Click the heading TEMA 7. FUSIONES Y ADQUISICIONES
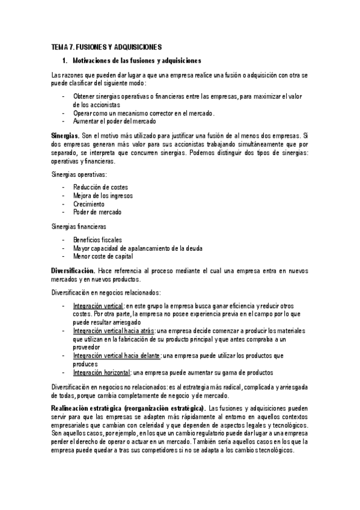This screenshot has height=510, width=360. click(x=106, y=46)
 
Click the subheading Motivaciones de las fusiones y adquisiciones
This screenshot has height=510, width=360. click(x=136, y=61)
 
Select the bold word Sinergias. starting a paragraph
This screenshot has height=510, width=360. click(x=65, y=137)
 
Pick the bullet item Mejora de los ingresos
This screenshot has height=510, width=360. click(x=103, y=195)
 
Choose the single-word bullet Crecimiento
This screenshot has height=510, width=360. click(x=89, y=204)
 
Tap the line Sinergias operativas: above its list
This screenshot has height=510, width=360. click(x=79, y=174)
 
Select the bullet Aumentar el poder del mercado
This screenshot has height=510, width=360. click(x=114, y=121)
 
